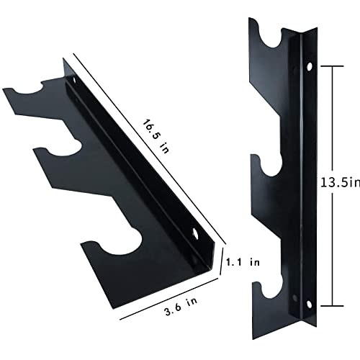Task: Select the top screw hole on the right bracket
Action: click(310, 67)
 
